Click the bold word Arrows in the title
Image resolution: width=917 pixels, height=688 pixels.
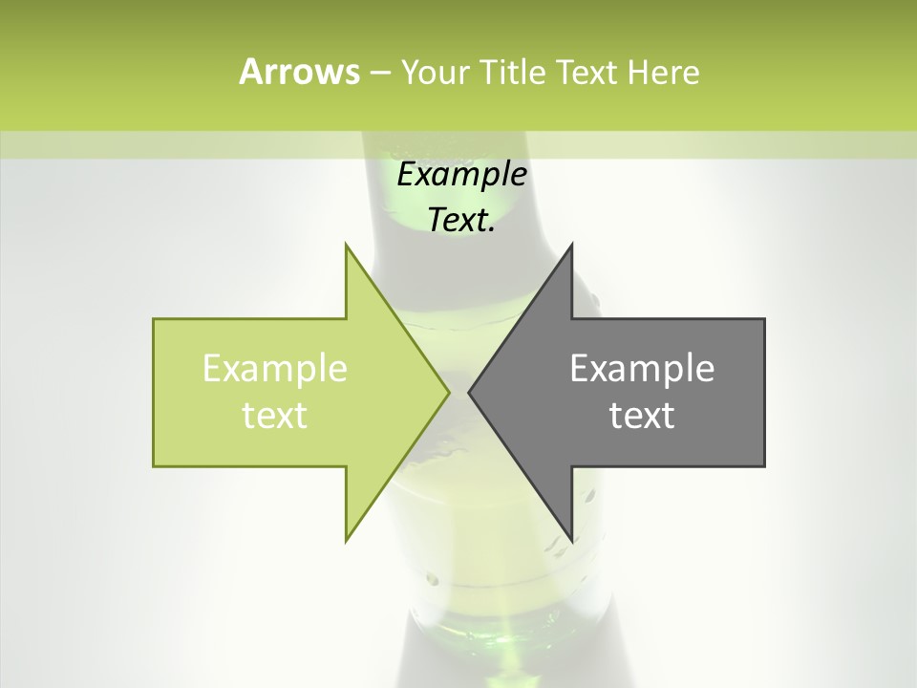299,72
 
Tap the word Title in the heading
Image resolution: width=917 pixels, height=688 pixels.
511,72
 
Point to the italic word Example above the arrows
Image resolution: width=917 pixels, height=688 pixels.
462,175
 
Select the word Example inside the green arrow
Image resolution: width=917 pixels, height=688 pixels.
275,369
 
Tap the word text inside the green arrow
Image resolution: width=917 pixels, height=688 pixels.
275,416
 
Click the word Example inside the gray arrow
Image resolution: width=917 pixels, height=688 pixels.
642,369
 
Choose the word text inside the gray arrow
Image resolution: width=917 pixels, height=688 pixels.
642,416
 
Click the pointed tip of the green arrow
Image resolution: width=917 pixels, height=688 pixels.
450,392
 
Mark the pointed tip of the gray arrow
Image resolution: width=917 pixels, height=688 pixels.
468,392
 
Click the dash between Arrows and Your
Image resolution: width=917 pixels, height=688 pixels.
379,74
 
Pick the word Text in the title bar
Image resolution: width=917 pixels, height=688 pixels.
587,72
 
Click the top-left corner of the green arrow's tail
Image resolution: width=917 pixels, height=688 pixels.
153,318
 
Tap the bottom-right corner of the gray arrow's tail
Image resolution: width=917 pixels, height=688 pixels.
765,466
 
